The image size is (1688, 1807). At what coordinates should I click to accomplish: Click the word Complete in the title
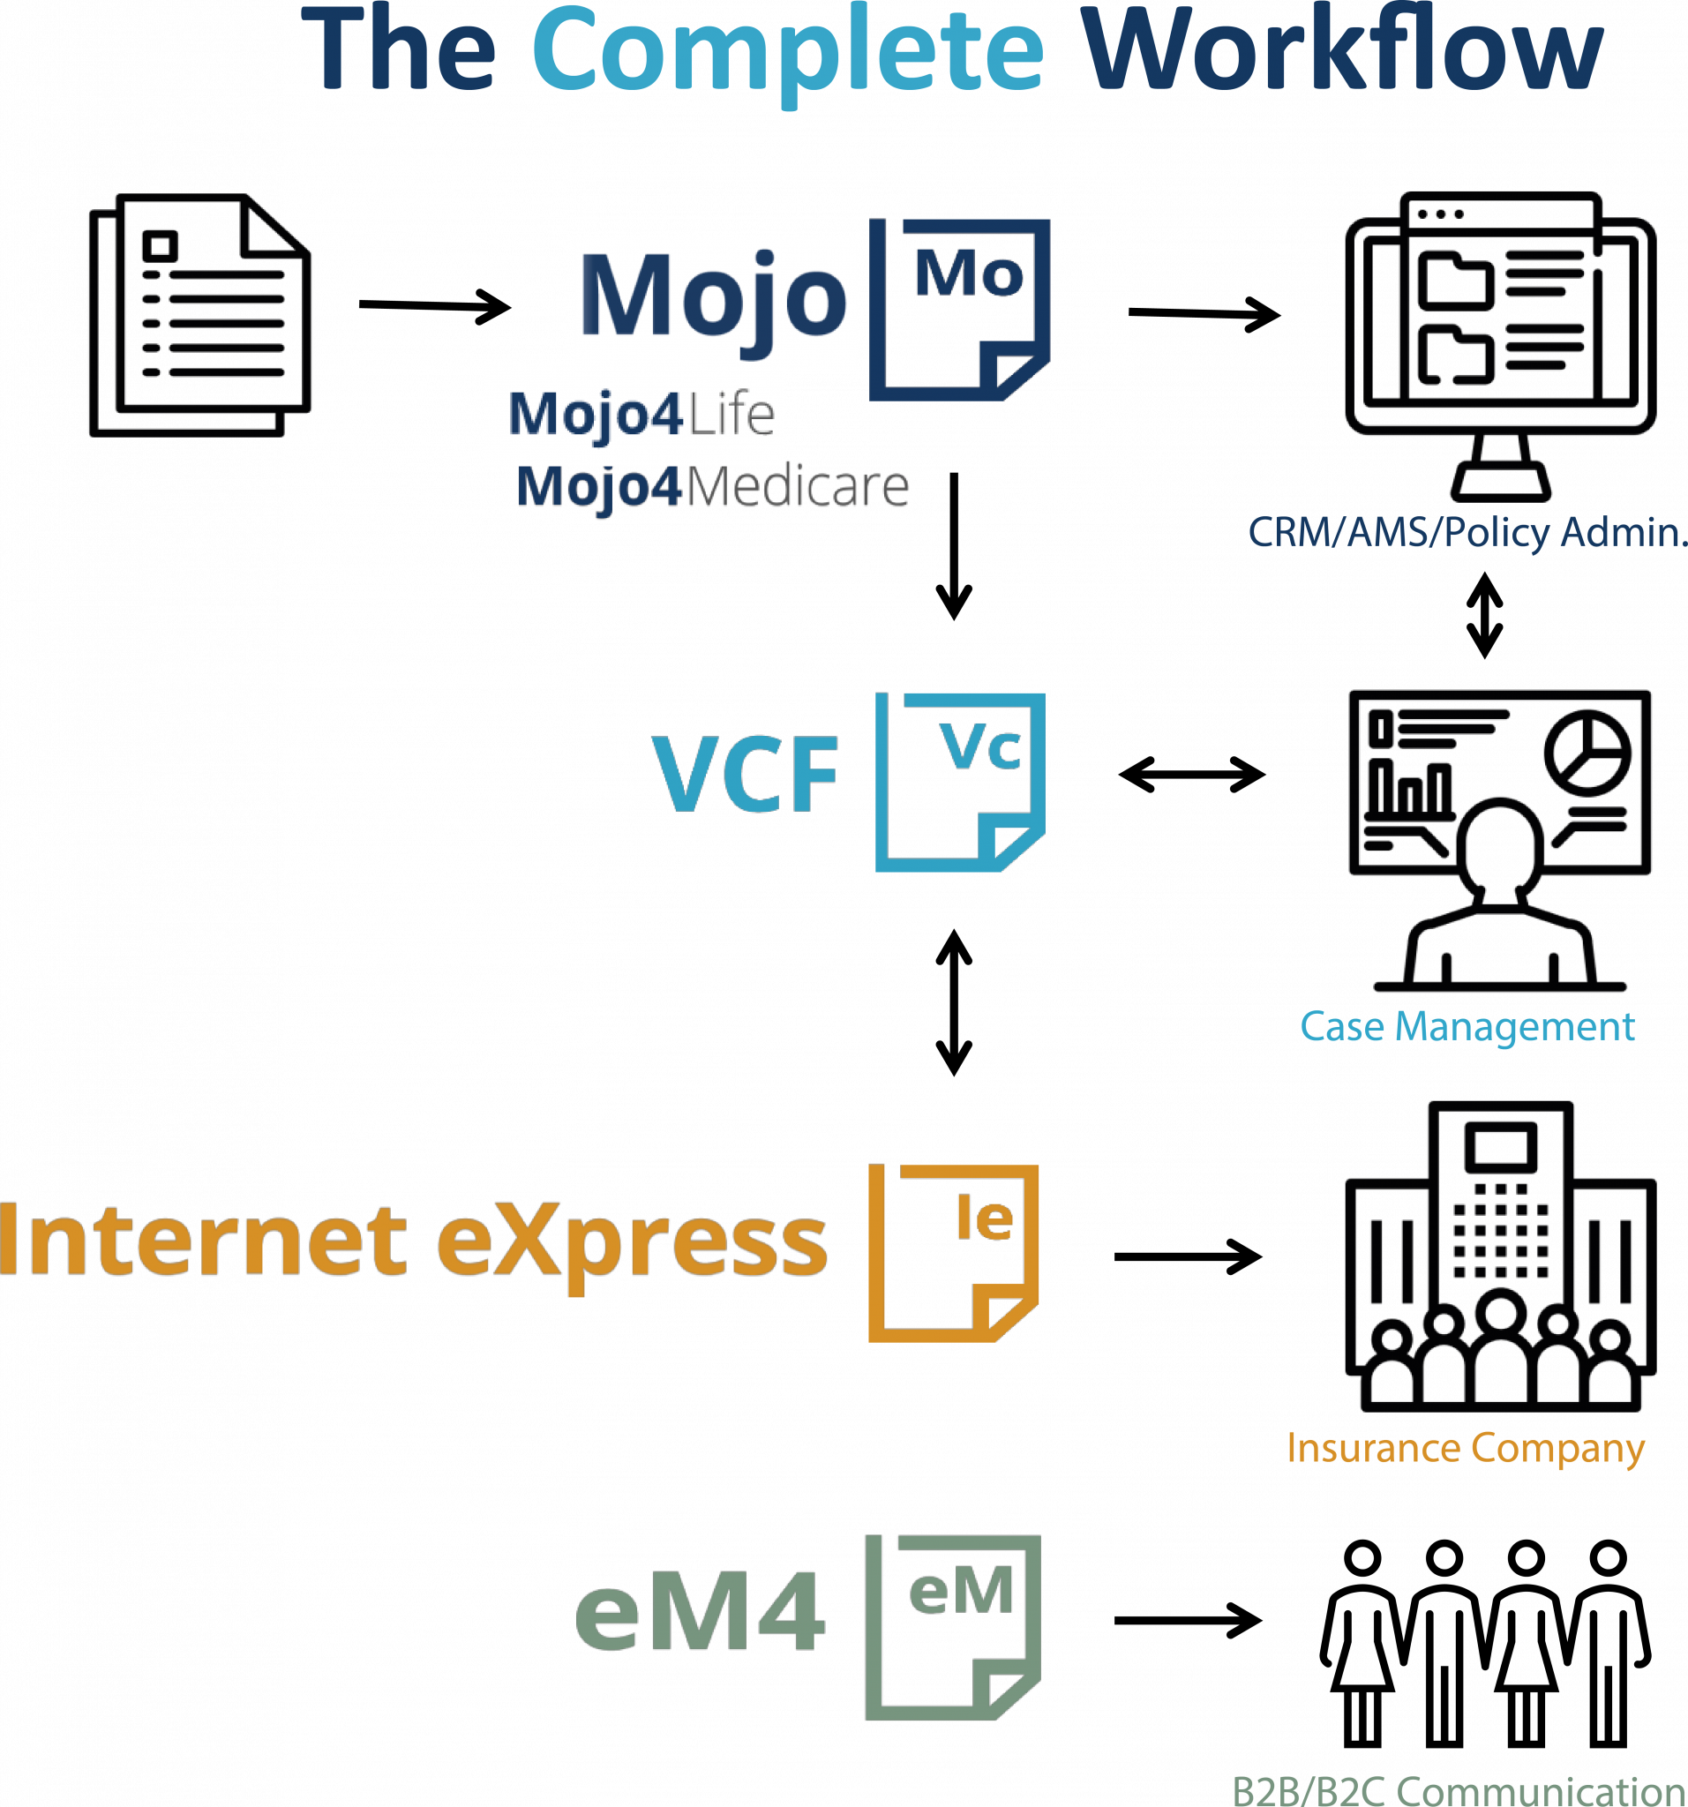[x=787, y=55]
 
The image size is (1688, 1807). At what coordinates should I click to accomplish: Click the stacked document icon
[x=200, y=314]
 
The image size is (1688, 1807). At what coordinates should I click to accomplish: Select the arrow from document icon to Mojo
[x=434, y=305]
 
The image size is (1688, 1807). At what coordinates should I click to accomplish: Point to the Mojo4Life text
[x=641, y=415]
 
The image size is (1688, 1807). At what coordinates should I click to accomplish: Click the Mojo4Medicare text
[x=713, y=486]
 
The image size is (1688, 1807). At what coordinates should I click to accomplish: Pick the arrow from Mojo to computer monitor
[x=1204, y=313]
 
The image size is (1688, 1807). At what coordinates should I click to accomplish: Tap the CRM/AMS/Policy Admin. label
[x=1468, y=533]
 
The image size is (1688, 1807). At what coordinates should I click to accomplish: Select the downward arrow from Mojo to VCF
[x=955, y=545]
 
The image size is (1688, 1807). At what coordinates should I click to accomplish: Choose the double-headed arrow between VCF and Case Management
[x=1192, y=775]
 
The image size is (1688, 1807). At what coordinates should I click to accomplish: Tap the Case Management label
[x=1467, y=1027]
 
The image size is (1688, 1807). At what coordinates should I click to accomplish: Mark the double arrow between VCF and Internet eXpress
[x=955, y=1002]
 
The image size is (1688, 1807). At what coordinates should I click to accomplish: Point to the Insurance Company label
[x=1466, y=1449]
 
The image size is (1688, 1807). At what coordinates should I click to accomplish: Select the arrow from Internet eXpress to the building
[x=1188, y=1257]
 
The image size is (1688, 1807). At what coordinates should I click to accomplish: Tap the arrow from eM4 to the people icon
[x=1188, y=1620]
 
